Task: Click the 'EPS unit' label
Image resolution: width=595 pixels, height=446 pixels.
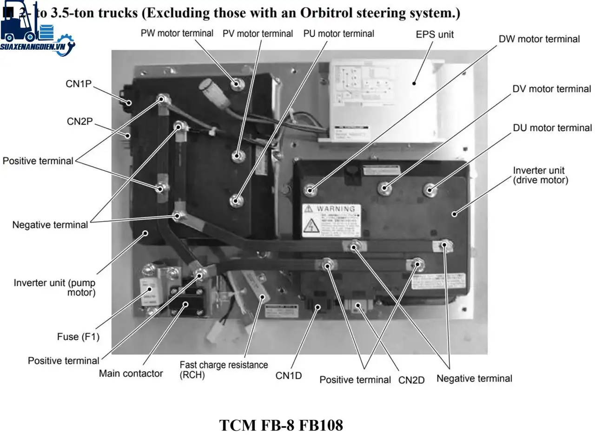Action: click(x=434, y=34)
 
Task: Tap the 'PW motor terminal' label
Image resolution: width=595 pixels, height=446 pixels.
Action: click(x=177, y=33)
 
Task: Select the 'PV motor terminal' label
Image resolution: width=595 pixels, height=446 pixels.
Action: click(x=258, y=34)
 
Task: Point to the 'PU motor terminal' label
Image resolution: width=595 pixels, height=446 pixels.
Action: click(x=338, y=34)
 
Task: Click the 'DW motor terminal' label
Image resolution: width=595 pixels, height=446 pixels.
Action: click(x=539, y=39)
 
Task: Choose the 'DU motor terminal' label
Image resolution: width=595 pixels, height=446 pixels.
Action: click(x=552, y=128)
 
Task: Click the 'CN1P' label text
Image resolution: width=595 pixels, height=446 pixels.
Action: click(x=79, y=84)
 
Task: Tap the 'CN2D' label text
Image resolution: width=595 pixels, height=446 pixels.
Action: click(x=411, y=380)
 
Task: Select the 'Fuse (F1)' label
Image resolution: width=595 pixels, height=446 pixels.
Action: click(x=78, y=337)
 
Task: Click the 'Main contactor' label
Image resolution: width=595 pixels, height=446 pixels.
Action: click(x=131, y=374)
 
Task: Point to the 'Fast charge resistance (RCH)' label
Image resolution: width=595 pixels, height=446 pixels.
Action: click(x=223, y=370)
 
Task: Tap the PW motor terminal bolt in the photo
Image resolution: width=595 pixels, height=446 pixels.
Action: click(x=236, y=84)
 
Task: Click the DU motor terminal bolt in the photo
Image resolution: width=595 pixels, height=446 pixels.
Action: click(x=430, y=190)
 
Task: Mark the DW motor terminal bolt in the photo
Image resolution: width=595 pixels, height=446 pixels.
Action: click(x=310, y=190)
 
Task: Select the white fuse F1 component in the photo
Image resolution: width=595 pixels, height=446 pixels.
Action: click(x=149, y=292)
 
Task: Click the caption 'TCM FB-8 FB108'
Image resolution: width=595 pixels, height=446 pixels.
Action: click(x=281, y=425)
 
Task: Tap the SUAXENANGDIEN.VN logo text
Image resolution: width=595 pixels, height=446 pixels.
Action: click(x=33, y=47)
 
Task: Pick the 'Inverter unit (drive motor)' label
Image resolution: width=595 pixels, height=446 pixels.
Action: click(x=540, y=175)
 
